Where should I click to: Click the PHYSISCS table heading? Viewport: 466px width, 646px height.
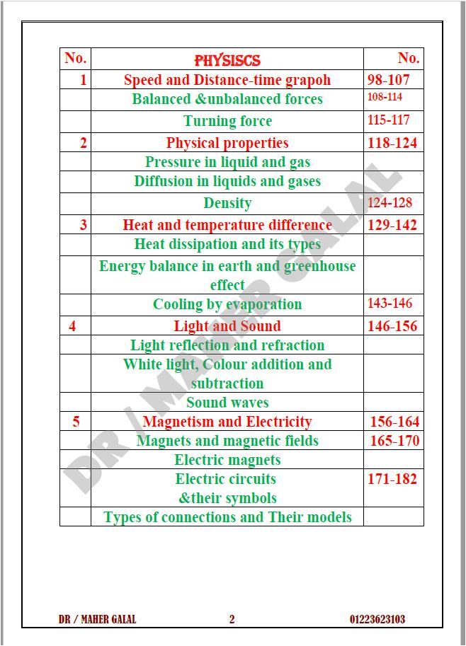pos(227,60)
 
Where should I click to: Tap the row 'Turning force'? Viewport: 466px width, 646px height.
pos(227,121)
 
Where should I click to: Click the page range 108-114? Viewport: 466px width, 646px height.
pos(385,97)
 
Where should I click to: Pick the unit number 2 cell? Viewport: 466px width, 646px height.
pos(84,143)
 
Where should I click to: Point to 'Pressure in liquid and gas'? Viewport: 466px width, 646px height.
pos(227,162)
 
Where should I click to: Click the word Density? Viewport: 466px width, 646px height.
pos(227,203)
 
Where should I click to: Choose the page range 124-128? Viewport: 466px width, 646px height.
pos(390,203)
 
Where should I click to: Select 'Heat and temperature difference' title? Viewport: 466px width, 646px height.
pos(227,226)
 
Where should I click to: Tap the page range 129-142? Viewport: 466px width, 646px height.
pos(392,226)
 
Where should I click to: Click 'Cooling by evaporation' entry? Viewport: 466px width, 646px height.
pos(227,304)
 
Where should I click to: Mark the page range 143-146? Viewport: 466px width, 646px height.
pos(390,304)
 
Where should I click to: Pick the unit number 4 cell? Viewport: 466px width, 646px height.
pos(73,326)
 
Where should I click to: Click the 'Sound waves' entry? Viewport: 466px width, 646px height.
pos(227,403)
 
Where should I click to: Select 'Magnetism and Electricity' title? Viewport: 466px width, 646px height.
pos(227,422)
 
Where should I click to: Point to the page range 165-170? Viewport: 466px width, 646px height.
pos(394,441)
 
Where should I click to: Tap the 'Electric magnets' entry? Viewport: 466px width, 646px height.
pos(227,460)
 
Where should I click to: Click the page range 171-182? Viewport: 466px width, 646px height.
pos(392,479)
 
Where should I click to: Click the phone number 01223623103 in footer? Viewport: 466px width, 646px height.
pos(377,620)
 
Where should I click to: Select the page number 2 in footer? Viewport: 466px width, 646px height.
pos(232,620)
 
